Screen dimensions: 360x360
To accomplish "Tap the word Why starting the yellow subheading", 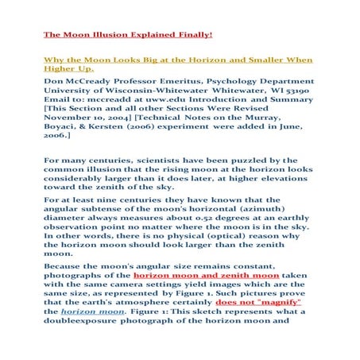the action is pyautogui.click(x=52, y=60).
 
